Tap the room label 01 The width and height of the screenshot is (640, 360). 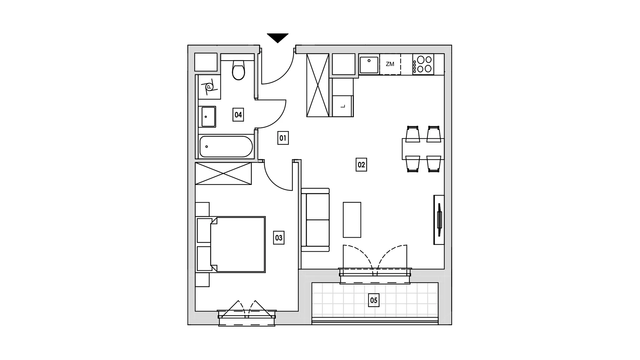point(283,138)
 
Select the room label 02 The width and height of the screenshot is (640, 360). point(361,165)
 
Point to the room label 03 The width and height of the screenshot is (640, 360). point(279,238)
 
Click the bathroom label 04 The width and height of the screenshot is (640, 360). point(238,115)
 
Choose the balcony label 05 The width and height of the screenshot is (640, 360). point(374,300)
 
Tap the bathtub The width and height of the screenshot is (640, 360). point(226,146)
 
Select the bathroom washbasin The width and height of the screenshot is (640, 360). point(207,117)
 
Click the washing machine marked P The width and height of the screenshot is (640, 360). point(209,87)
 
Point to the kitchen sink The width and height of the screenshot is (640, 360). point(369,64)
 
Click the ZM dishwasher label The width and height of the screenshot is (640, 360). point(390,64)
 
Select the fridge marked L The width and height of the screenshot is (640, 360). point(343,106)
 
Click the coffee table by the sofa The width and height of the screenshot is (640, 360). point(352,220)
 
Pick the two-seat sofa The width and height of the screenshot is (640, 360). point(315,220)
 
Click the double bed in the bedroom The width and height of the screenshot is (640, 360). point(238,245)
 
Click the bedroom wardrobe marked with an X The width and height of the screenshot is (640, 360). point(223,173)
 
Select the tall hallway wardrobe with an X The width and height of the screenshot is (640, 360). point(318,85)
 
